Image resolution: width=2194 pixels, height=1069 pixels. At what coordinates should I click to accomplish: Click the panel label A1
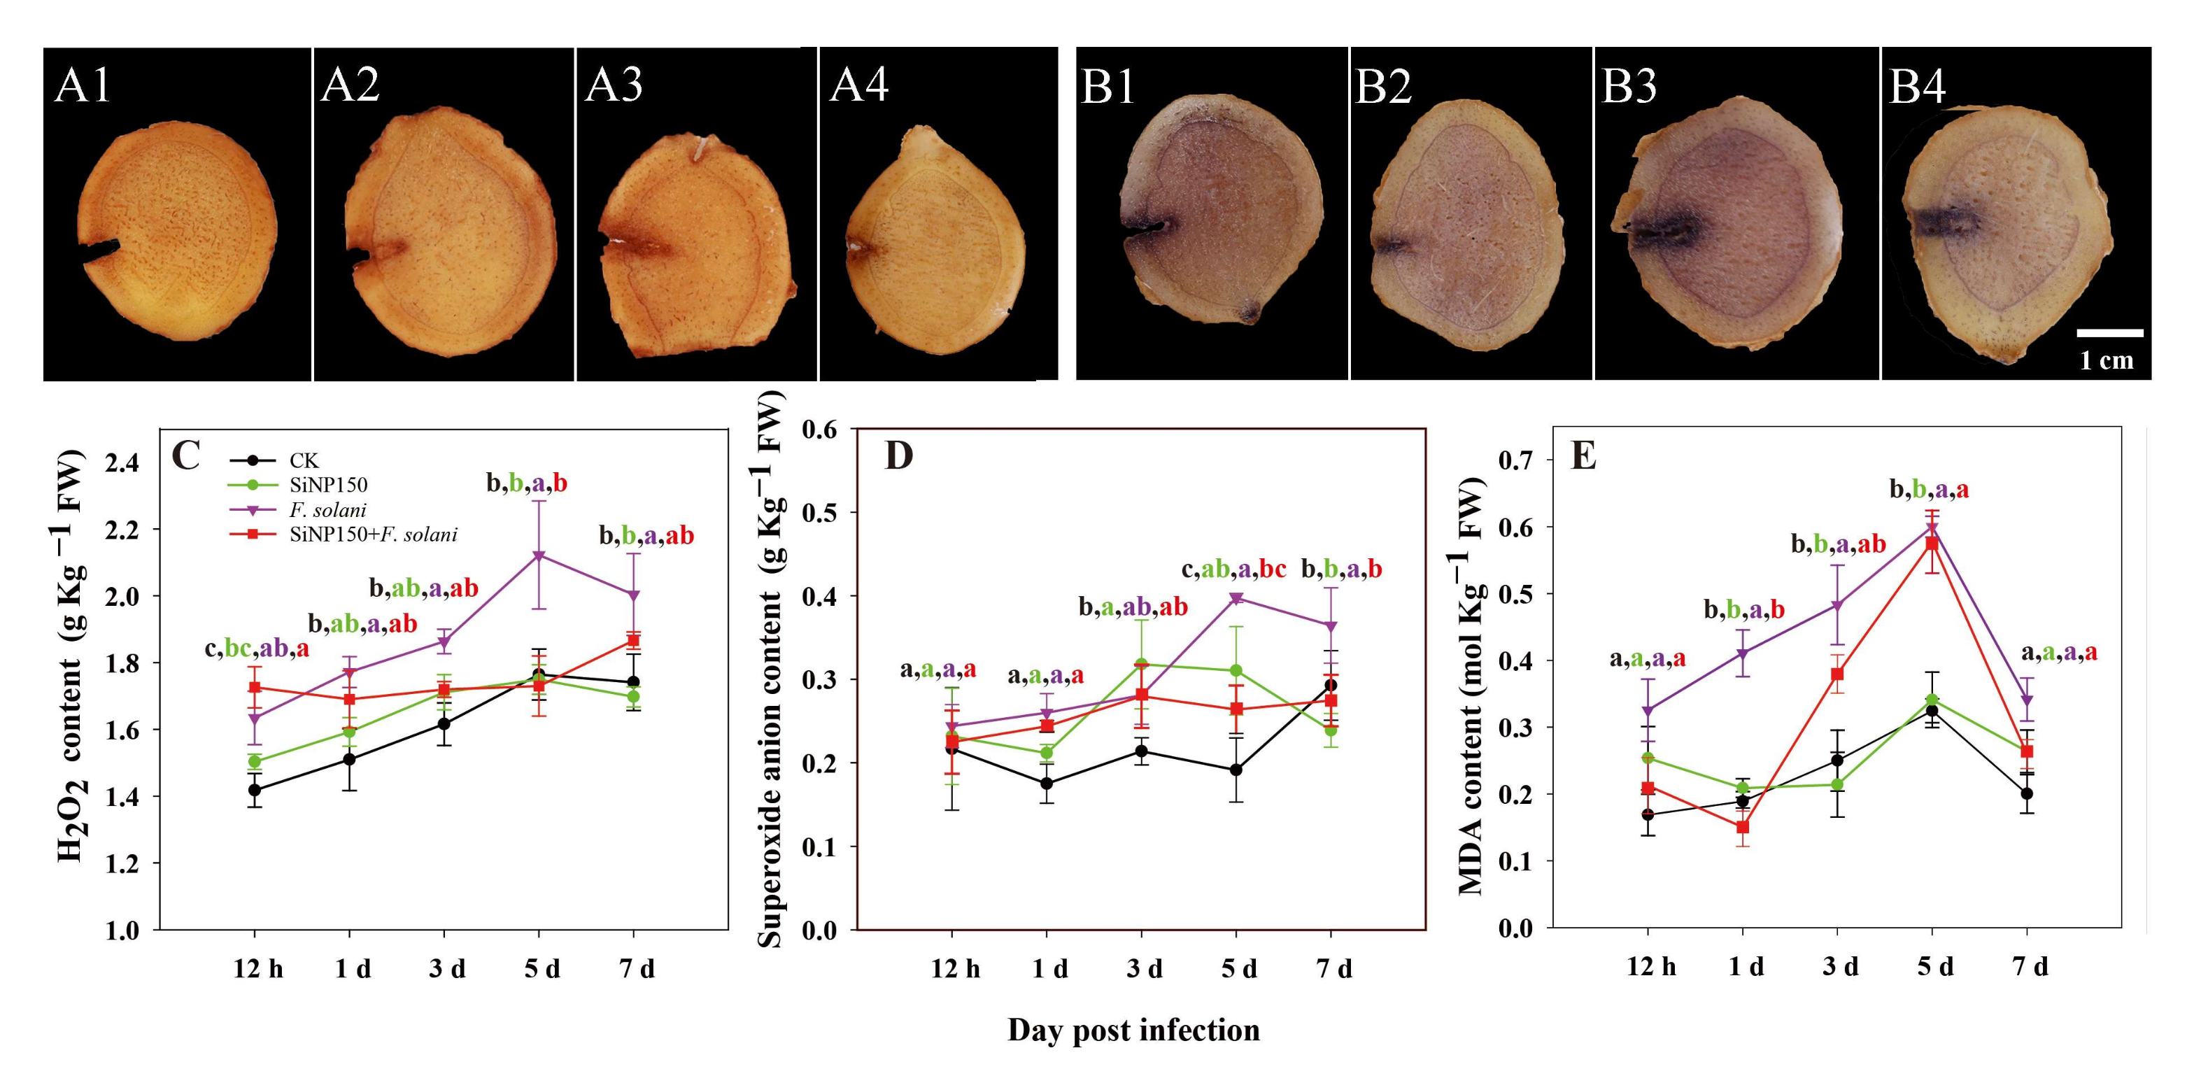(83, 85)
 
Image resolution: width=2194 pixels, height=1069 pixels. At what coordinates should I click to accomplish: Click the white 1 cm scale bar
(2109, 332)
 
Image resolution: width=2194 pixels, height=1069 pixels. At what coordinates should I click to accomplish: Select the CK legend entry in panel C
(303, 461)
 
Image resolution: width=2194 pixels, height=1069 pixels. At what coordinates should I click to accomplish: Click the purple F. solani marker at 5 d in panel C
(538, 555)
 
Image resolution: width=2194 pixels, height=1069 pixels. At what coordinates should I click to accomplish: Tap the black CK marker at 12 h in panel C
(254, 790)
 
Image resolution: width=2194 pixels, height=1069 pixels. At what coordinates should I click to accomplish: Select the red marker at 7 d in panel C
(633, 639)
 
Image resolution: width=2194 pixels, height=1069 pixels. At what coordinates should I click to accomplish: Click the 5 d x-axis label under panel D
(1239, 970)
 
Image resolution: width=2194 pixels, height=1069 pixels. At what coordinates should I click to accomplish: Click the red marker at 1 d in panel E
(1743, 827)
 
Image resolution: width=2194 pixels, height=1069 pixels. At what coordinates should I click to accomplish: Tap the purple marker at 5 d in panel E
(1932, 528)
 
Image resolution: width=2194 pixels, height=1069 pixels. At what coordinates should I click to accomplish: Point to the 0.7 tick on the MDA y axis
(1517, 461)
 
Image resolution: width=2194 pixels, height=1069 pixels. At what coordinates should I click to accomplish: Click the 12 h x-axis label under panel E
(1650, 967)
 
